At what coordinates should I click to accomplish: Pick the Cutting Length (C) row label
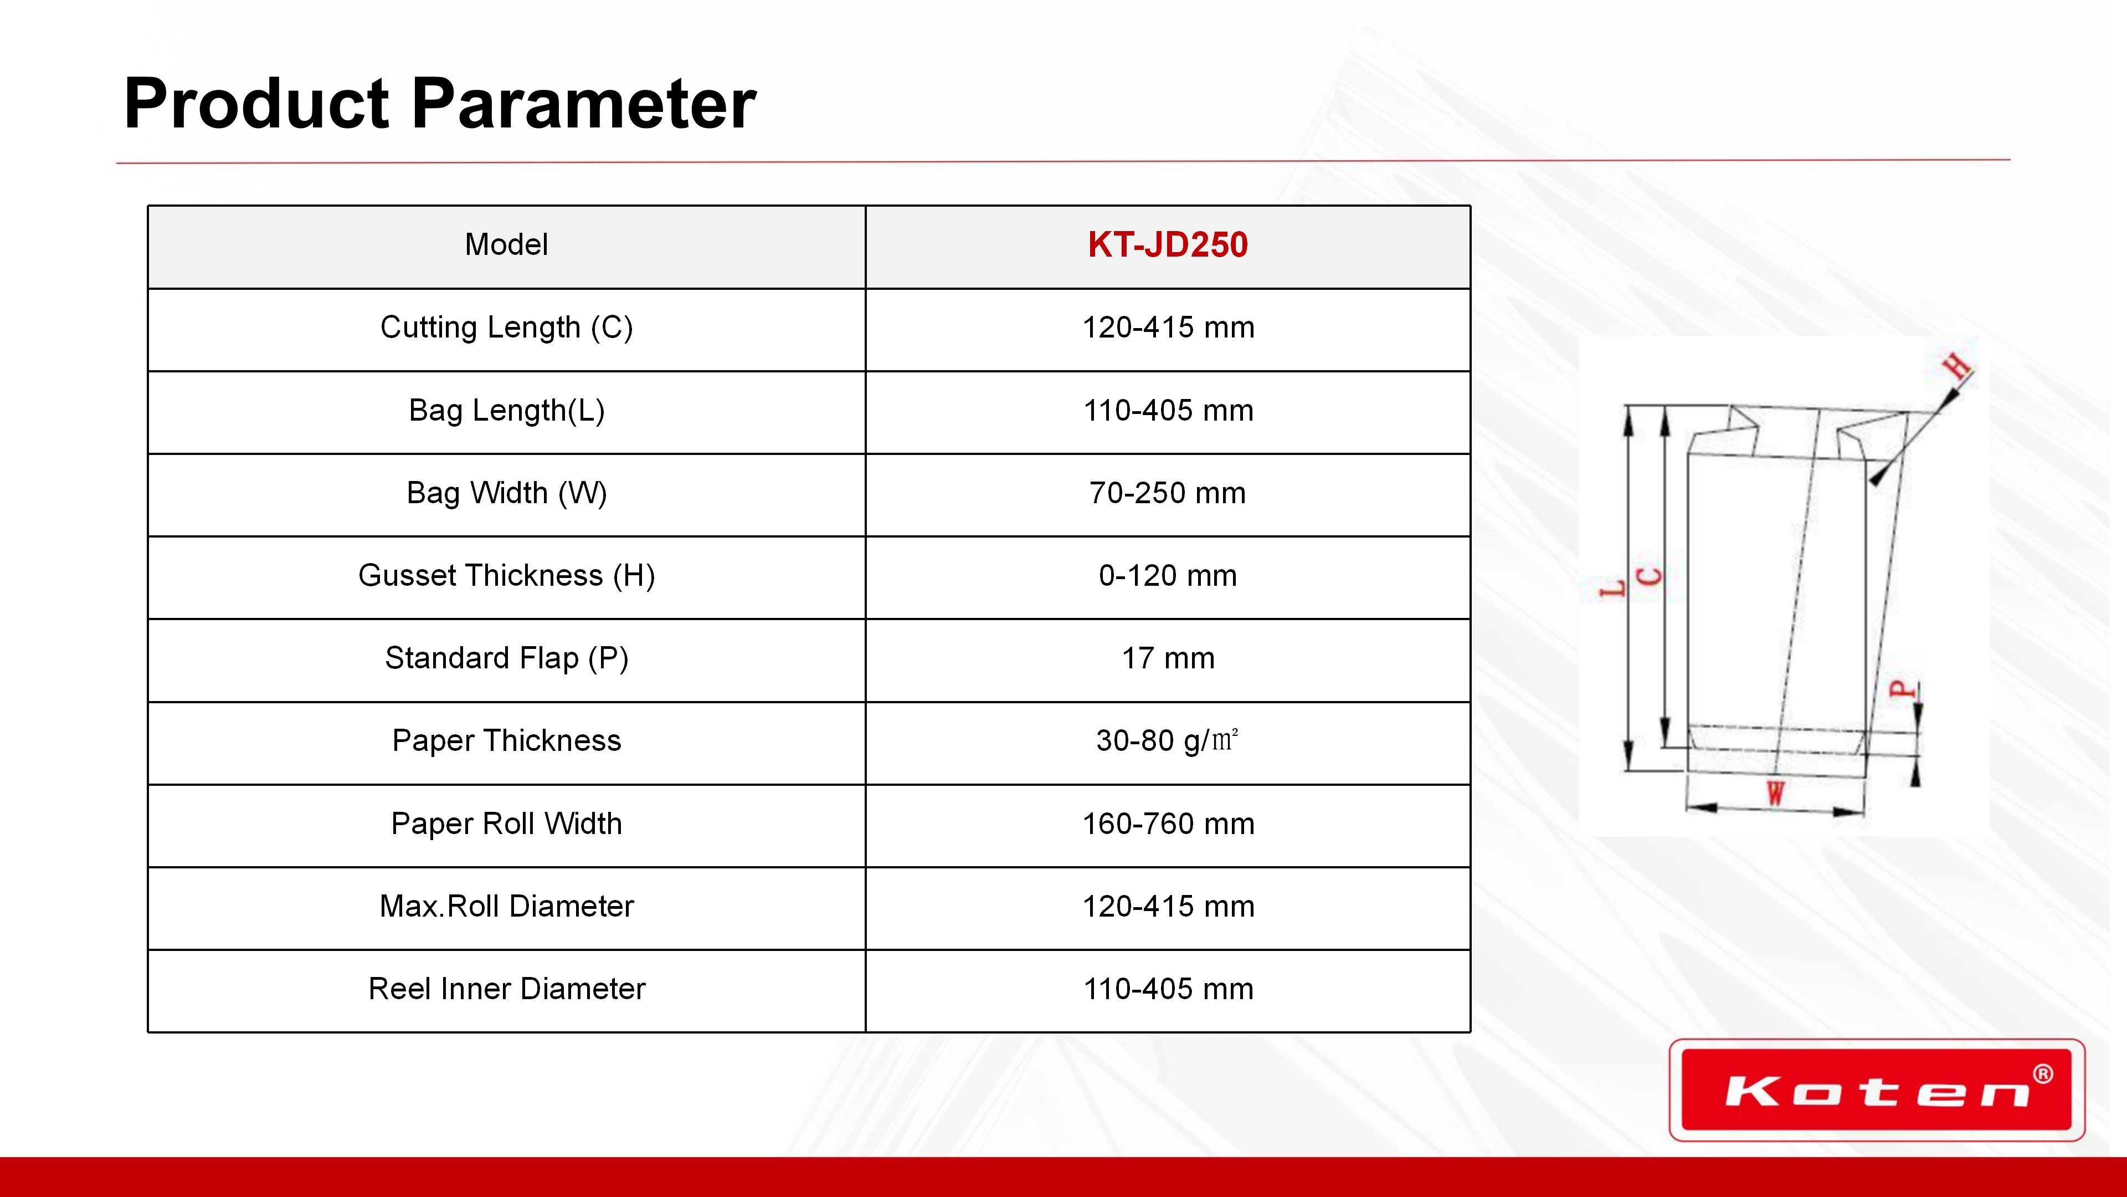[x=506, y=328]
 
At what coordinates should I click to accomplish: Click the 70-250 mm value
[x=1168, y=493]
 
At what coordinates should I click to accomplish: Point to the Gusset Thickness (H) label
[x=506, y=576]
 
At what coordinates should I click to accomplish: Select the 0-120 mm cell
[x=1168, y=576]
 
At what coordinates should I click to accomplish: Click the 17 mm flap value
[x=1168, y=658]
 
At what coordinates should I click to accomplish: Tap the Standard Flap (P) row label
[x=506, y=658]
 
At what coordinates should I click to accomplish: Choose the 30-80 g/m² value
[x=1168, y=740]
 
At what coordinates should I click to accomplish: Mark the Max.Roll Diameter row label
[x=506, y=906]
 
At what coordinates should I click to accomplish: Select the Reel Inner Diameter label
[x=506, y=989]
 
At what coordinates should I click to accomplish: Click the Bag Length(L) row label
[x=506, y=411]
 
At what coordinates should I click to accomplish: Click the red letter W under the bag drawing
[x=1775, y=793]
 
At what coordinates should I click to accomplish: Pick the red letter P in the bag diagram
[x=1903, y=688]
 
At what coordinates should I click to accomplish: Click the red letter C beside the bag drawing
[x=1649, y=576]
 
